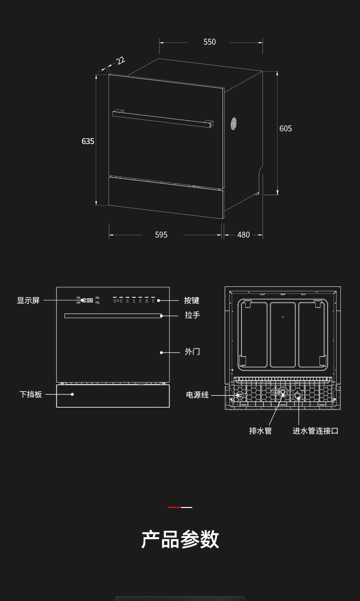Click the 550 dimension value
pos(210,42)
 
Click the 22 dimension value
pos(120,61)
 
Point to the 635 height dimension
pos(88,141)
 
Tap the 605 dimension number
pos(286,129)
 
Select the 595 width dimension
pos(161,235)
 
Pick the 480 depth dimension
pos(244,235)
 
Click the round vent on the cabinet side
pos(233,123)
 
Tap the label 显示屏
pos(28,300)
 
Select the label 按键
pos(192,300)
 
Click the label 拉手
pos(192,315)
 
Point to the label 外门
pos(192,352)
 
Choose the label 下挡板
pos(31,394)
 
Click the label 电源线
pos(197,395)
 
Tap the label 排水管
pos(260,431)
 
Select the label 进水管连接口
pos(315,431)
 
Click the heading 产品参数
pos(180,539)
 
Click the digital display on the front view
pos(87,300)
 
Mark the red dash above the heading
pos(174,507)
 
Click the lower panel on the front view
pos(113,396)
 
